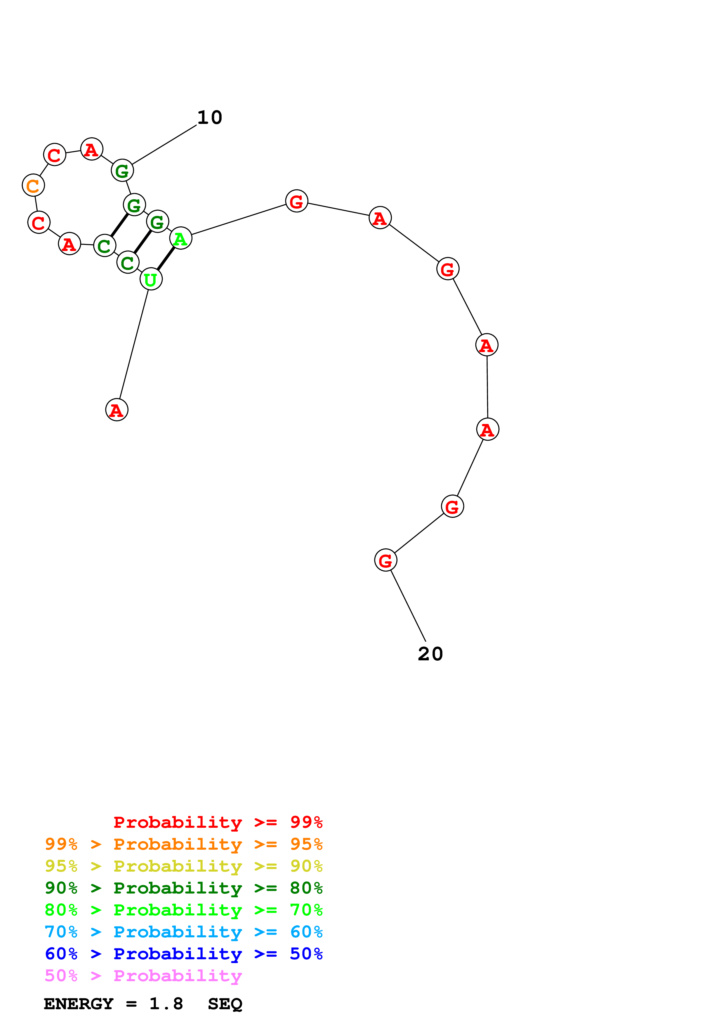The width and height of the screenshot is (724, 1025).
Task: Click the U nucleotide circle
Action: (151, 279)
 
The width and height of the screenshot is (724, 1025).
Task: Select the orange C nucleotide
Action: (33, 185)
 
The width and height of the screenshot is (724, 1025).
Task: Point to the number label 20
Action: (430, 654)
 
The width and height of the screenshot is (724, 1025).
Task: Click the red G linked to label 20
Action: (386, 560)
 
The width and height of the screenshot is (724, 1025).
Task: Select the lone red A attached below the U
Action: (117, 410)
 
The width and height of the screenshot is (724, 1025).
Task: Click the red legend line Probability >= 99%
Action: (218, 822)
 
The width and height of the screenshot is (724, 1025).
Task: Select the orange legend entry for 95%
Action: (183, 844)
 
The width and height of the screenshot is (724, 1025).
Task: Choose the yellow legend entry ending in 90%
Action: (183, 866)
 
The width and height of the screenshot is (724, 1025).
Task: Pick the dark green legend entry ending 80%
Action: (183, 888)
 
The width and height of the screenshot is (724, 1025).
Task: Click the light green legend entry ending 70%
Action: (183, 910)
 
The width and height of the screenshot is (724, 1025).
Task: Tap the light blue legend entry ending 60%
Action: (183, 932)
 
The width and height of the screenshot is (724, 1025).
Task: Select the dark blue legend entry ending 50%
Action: (183, 954)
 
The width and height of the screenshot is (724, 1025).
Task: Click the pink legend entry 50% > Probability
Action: (143, 976)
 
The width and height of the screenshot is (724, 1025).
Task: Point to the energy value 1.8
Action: (166, 1004)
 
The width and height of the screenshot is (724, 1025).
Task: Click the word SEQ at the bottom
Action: (225, 1004)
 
